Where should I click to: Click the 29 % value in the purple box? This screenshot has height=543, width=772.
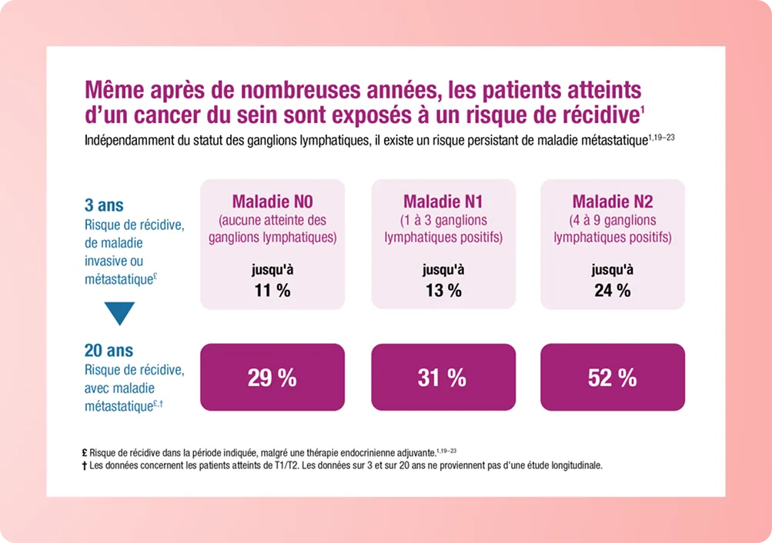(272, 378)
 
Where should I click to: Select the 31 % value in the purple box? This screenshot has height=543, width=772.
(442, 378)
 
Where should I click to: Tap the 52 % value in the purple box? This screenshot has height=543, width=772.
(612, 378)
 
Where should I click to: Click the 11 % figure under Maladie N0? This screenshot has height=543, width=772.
(272, 290)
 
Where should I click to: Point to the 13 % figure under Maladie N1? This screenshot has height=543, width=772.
(443, 290)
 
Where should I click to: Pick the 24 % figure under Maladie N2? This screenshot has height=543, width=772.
(612, 290)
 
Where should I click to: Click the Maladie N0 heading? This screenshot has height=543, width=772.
(272, 202)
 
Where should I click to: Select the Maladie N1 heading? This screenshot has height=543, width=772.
(443, 202)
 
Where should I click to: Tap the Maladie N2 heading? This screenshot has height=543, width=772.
(612, 202)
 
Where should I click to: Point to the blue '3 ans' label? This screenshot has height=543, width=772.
(104, 206)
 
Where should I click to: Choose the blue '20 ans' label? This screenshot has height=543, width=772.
(109, 351)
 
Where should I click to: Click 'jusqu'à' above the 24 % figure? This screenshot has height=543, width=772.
(612, 270)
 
